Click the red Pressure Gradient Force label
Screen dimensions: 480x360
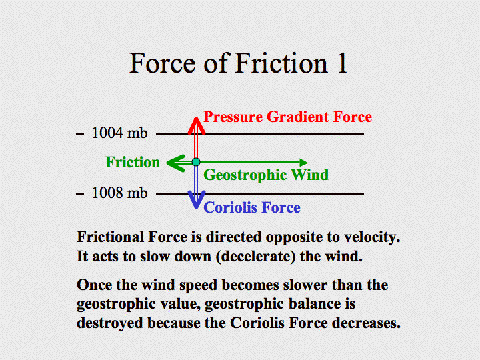tap(288, 117)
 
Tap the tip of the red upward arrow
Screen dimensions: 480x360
tap(196, 117)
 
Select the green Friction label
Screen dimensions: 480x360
tap(133, 162)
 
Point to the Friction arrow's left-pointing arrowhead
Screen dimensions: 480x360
tap(176, 163)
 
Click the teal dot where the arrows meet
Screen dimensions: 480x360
tap(196, 162)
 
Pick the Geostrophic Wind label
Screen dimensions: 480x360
tap(266, 175)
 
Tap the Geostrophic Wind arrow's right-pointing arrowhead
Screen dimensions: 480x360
tap(304, 162)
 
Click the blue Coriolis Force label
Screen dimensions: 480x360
tap(252, 207)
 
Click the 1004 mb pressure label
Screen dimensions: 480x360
tap(120, 133)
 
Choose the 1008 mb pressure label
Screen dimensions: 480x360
tap(120, 193)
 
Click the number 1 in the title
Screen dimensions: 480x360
tap(342, 63)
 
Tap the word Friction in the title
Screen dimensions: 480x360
tap(281, 63)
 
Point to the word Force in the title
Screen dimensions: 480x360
tap(163, 63)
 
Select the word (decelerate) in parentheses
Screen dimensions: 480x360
tap(255, 257)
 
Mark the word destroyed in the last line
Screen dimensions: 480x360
tap(110, 323)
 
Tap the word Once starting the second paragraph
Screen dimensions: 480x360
tap(94, 285)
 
